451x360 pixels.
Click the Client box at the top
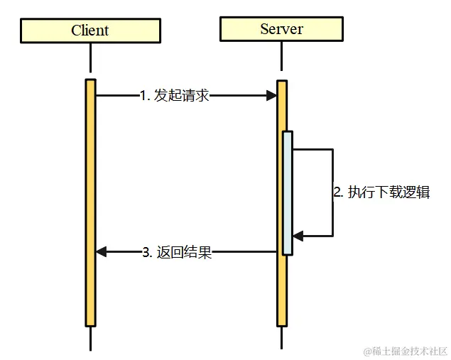click(x=90, y=31)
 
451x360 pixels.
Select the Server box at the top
click(x=281, y=29)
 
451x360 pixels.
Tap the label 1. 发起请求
click(x=174, y=95)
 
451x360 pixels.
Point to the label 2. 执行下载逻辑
click(x=381, y=192)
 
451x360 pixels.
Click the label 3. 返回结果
click(x=176, y=252)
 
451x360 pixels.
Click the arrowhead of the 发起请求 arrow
click(x=271, y=95)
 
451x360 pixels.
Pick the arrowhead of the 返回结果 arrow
click(x=101, y=251)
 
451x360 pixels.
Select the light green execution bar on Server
click(x=287, y=192)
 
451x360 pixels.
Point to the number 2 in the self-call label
click(x=337, y=192)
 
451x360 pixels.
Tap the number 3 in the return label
click(x=146, y=252)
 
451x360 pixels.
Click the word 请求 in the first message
click(x=195, y=95)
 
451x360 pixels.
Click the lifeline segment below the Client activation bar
click(x=90, y=338)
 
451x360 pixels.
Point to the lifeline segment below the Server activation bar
click(x=282, y=338)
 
